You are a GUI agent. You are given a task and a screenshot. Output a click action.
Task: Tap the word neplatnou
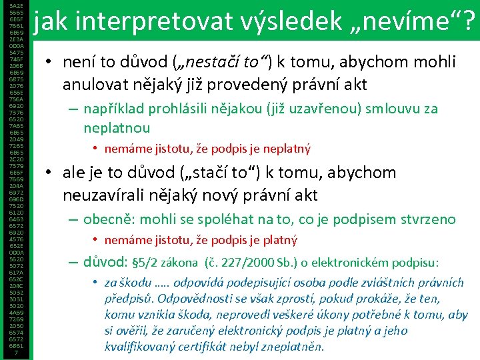click(x=117, y=127)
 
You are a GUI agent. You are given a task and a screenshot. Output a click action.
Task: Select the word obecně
click(x=111, y=219)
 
